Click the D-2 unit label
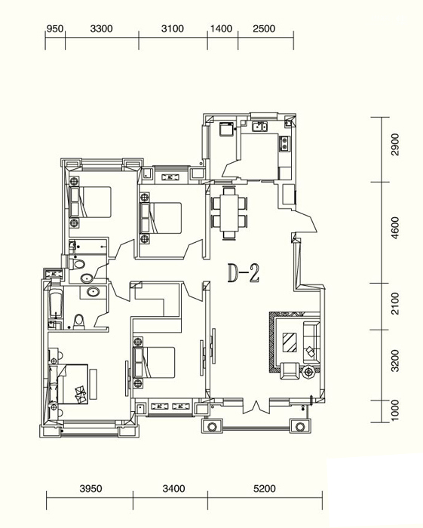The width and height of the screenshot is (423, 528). pyautogui.click(x=244, y=273)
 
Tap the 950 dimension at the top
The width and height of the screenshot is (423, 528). pyautogui.click(x=55, y=29)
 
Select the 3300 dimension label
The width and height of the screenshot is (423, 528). pyautogui.click(x=101, y=29)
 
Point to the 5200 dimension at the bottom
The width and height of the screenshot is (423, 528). pyautogui.click(x=265, y=488)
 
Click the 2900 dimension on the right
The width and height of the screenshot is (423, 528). pyautogui.click(x=395, y=145)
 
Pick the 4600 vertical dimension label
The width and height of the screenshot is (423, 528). pyautogui.click(x=395, y=228)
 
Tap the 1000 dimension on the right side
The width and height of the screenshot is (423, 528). pyautogui.click(x=395, y=410)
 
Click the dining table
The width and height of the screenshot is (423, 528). pyautogui.click(x=229, y=213)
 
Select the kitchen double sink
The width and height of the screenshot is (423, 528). pyautogui.click(x=260, y=127)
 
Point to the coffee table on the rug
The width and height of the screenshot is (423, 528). pyautogui.click(x=290, y=342)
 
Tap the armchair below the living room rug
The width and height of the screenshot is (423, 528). pyautogui.click(x=290, y=371)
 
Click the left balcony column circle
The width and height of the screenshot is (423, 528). pyautogui.click(x=212, y=427)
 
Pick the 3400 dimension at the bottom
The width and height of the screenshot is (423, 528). pyautogui.click(x=173, y=488)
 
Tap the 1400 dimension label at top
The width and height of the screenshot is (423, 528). pyautogui.click(x=222, y=29)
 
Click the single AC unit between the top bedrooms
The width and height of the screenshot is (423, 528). pyautogui.click(x=170, y=177)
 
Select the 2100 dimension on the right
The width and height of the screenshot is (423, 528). pyautogui.click(x=395, y=304)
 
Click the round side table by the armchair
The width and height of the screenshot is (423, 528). pyautogui.click(x=308, y=372)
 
